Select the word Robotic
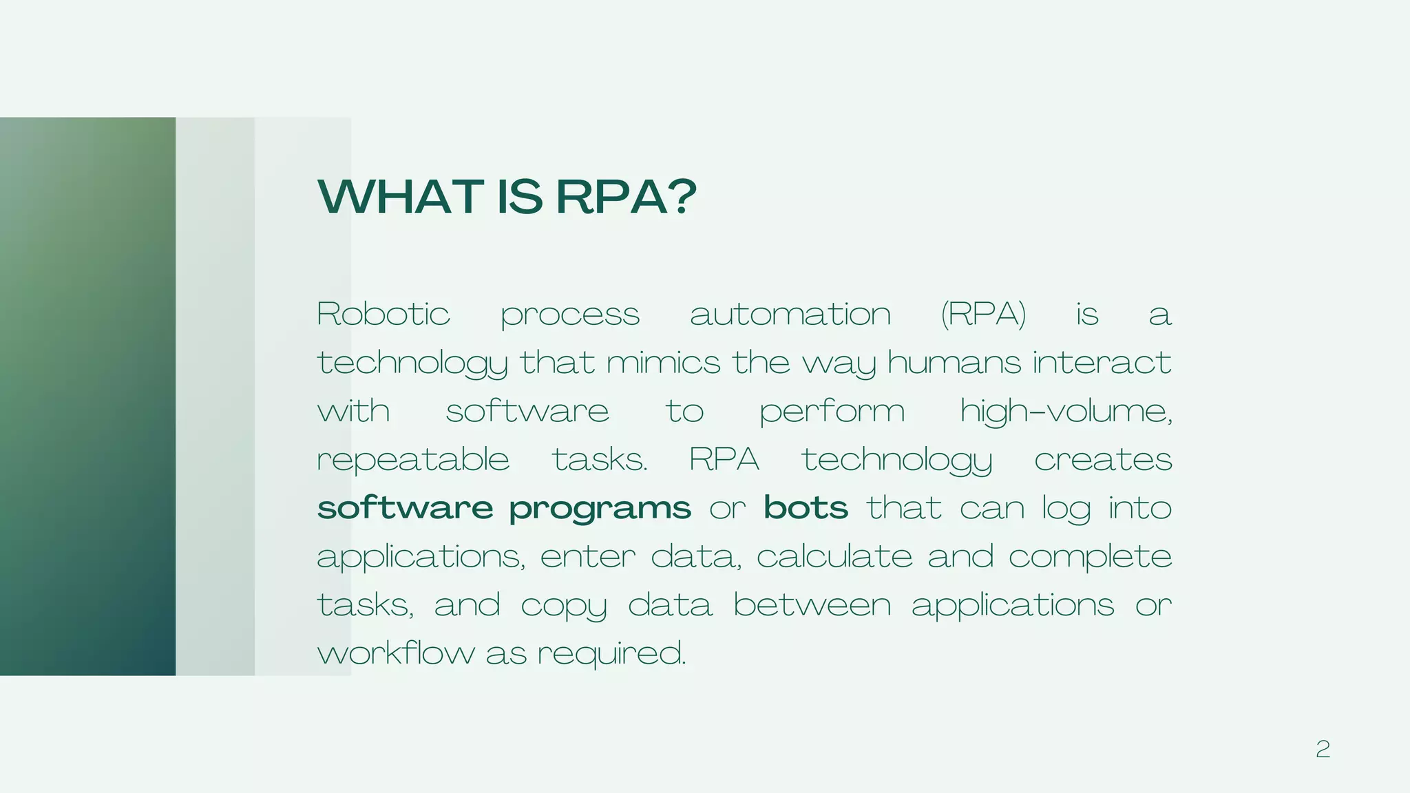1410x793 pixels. pyautogui.click(x=383, y=315)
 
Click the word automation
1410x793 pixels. pyautogui.click(x=790, y=315)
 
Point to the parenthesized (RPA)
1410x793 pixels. pyautogui.click(x=983, y=315)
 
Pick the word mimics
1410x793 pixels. pyautogui.click(x=663, y=363)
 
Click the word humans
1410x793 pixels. pyautogui.click(x=954, y=363)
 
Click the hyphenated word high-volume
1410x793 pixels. pyautogui.click(x=1066, y=412)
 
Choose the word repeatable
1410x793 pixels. pyautogui.click(x=413, y=460)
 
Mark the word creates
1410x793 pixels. pyautogui.click(x=1103, y=460)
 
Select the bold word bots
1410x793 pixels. pyautogui.click(x=806, y=508)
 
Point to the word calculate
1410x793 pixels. pyautogui.click(x=834, y=556)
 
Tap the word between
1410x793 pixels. pyautogui.click(x=812, y=605)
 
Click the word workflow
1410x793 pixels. pyautogui.click(x=396, y=653)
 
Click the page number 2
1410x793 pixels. pyautogui.click(x=1323, y=749)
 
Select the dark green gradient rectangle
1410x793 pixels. pyautogui.click(x=87, y=396)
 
